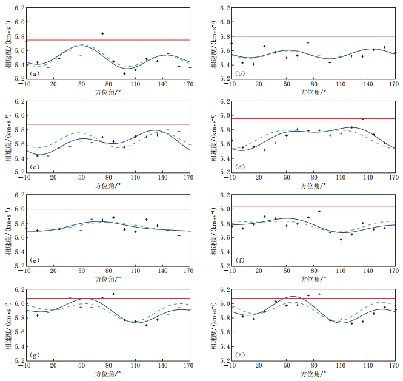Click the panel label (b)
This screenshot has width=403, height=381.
(239, 74)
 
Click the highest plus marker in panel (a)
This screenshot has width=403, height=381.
(102, 34)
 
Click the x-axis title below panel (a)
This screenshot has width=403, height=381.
(107, 92)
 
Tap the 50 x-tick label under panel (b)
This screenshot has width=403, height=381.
(286, 84)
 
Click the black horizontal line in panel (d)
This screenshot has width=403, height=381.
(291, 118)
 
